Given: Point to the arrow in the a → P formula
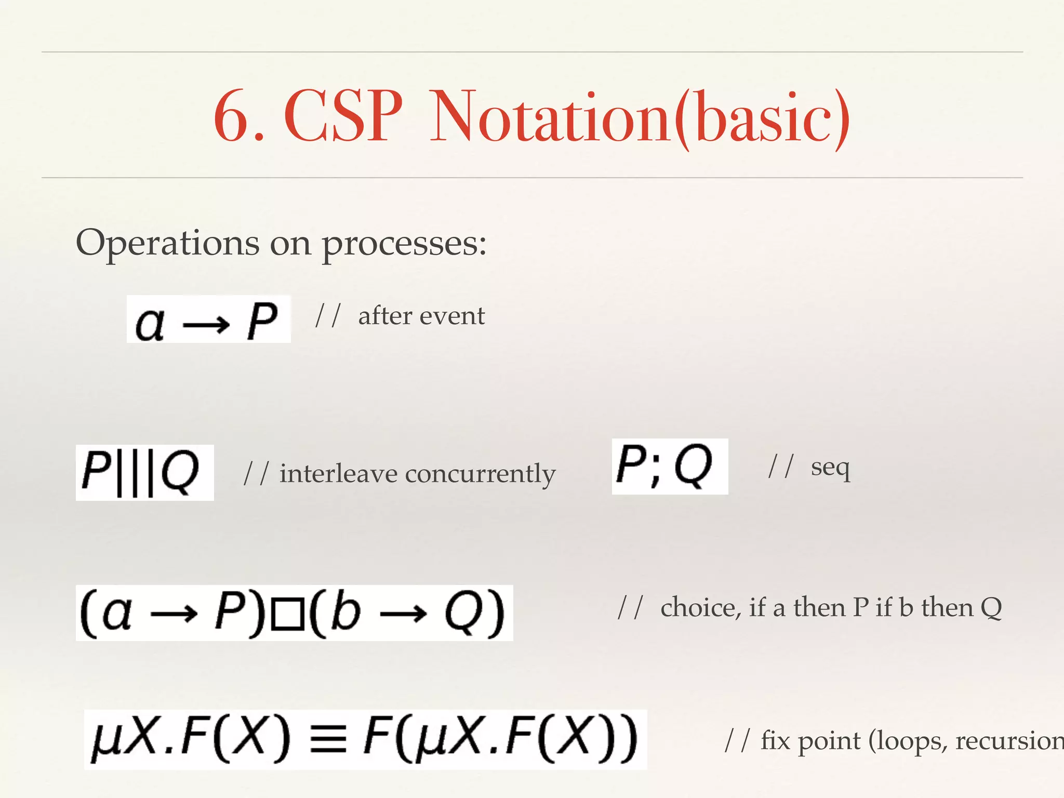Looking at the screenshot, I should pos(206,325).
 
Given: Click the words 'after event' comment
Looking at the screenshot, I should pos(421,316).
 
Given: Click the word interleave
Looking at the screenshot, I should pos(338,473).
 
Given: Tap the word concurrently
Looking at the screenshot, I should pos(480,474).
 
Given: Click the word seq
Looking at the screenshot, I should pos(830,468).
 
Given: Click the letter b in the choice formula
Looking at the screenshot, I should pos(345,610).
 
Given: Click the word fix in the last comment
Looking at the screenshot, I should pos(775,740).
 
